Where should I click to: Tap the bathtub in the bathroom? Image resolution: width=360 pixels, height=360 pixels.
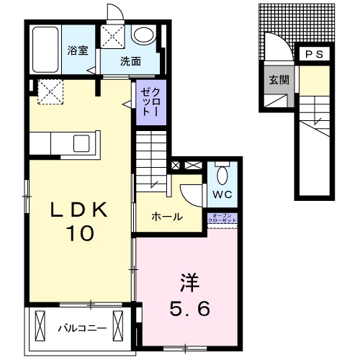click(x=46, y=49)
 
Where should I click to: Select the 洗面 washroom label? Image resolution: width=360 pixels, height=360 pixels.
click(x=130, y=62)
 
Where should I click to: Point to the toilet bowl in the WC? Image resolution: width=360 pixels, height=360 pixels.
click(x=222, y=174)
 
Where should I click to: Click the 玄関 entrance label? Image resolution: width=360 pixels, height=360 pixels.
click(x=279, y=80)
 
